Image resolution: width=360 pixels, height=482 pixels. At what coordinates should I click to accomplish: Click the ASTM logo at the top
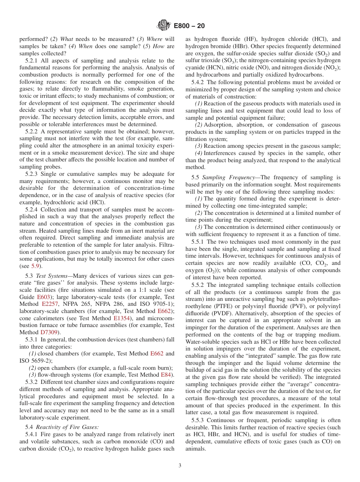click(x=164, y=26)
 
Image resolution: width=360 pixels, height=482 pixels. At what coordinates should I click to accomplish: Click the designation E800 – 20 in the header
click(x=189, y=26)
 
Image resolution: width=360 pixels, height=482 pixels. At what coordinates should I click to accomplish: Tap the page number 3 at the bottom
click(x=180, y=466)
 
